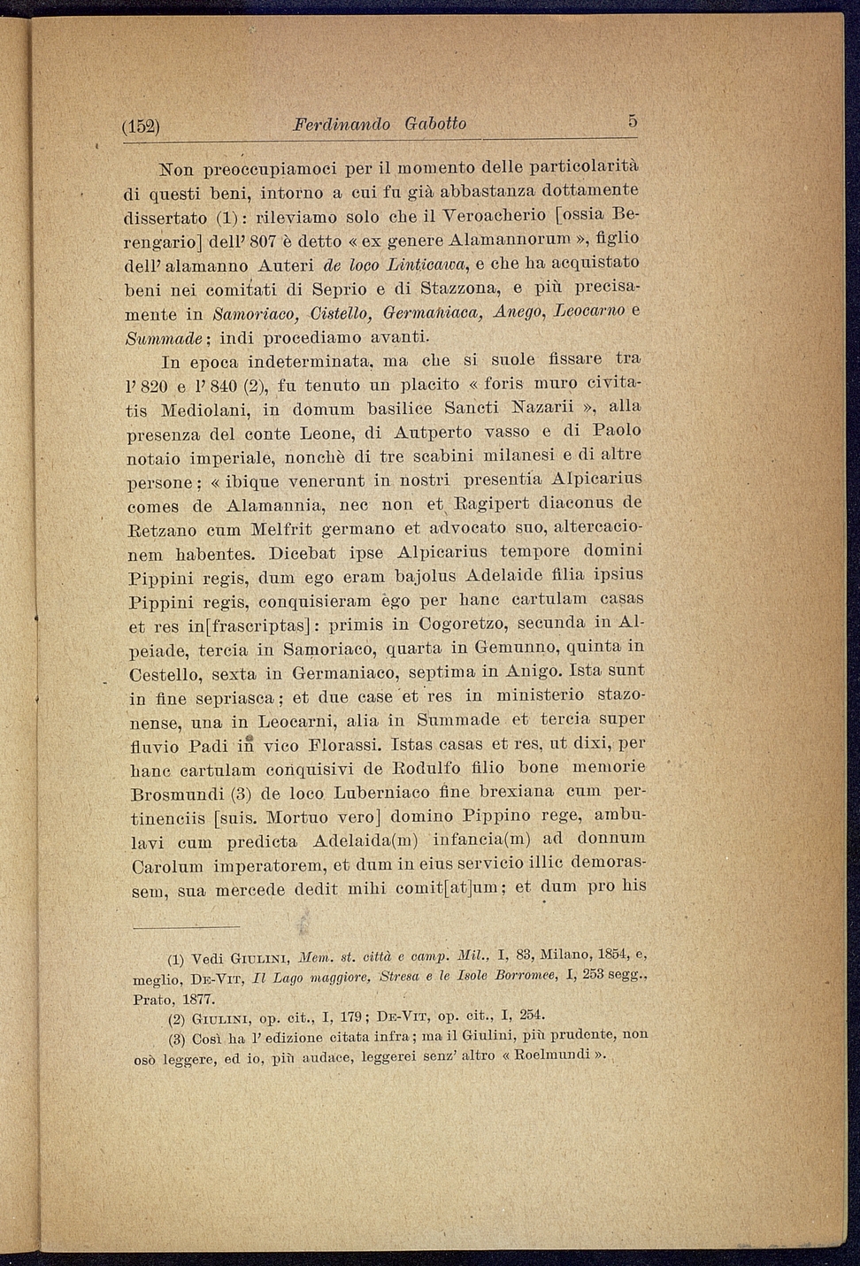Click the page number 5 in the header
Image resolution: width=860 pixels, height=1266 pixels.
coord(633,121)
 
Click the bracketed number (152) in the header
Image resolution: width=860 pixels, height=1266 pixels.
coord(140,126)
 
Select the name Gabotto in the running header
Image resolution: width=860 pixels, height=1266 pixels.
coord(435,124)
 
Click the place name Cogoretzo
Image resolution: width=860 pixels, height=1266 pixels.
coord(463,624)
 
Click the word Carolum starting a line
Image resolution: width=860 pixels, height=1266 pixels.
coord(166,864)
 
